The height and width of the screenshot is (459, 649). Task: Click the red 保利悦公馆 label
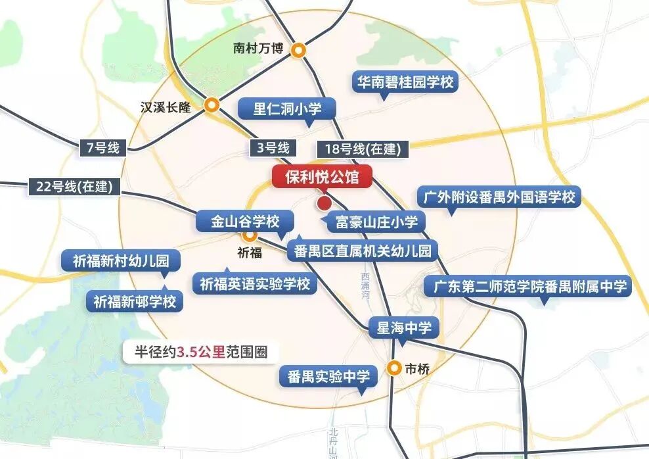(x=322, y=178)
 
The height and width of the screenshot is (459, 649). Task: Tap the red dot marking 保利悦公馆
(x=324, y=203)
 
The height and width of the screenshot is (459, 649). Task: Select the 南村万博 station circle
(x=299, y=49)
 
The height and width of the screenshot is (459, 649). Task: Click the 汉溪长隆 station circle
(x=212, y=105)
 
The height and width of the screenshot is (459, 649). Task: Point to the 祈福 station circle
(x=249, y=235)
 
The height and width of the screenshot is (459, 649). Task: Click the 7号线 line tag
(x=102, y=148)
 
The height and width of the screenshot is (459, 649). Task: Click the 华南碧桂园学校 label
(x=404, y=82)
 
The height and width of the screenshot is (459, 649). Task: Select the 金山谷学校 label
(x=246, y=221)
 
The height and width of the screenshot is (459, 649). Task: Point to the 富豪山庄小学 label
(x=376, y=222)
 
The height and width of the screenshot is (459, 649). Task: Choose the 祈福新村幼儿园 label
(x=116, y=261)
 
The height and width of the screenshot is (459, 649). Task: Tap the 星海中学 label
(x=404, y=327)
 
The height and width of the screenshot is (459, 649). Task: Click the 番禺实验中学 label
(x=328, y=377)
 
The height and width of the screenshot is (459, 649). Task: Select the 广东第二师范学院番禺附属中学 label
(x=527, y=287)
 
